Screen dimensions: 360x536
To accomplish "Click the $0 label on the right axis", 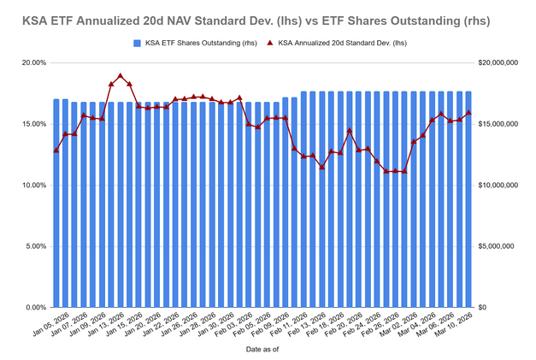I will [x=482, y=308].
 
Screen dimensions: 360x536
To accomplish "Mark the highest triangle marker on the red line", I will [x=121, y=76].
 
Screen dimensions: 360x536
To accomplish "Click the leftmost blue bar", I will [x=56, y=204].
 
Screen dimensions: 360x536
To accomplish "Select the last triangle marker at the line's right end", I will [x=468, y=112].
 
